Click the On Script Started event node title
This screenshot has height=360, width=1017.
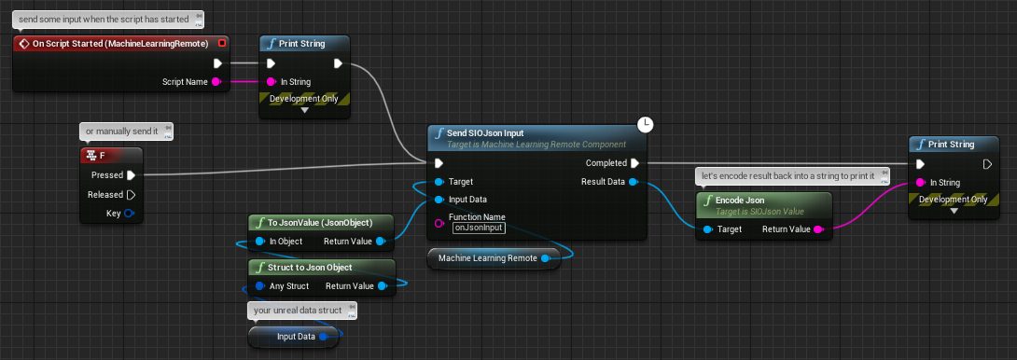[120, 44]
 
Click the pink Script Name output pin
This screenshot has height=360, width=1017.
[216, 82]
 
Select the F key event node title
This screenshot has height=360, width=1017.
[103, 156]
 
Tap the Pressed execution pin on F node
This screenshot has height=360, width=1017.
[131, 175]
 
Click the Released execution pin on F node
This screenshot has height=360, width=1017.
[131, 195]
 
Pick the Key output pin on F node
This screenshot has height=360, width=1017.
[129, 214]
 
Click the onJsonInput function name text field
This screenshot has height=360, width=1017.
[479, 228]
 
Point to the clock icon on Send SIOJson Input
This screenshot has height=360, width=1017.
[646, 125]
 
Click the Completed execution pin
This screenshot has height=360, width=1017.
[635, 163]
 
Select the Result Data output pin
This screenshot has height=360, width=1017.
[634, 182]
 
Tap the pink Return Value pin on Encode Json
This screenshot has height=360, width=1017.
[817, 229]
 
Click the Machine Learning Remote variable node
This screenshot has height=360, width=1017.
[494, 258]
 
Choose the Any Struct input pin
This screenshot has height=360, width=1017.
[259, 286]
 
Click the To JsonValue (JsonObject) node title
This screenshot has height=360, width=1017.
[320, 223]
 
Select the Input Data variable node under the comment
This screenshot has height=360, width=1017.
[293, 337]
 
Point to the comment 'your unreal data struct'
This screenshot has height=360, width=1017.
[298, 310]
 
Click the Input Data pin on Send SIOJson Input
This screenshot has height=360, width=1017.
[439, 200]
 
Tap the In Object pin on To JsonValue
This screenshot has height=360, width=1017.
[259, 242]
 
